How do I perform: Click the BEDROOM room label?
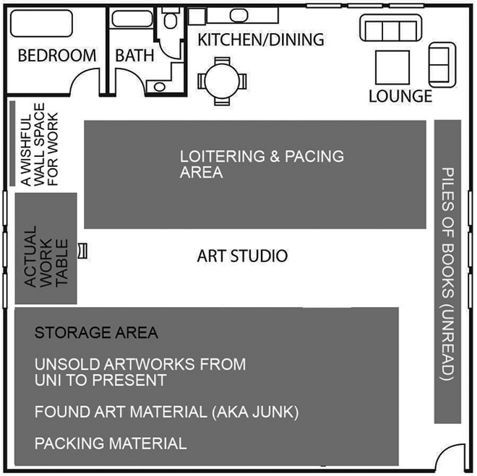(x=57, y=56)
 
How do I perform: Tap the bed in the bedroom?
(x=41, y=23)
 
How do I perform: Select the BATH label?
(x=134, y=56)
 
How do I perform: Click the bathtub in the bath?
(x=132, y=19)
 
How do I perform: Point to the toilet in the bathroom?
(x=171, y=18)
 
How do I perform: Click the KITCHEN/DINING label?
(x=261, y=40)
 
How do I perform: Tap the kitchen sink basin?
(x=239, y=15)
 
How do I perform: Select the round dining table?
(x=222, y=82)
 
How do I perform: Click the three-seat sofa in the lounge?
(x=391, y=28)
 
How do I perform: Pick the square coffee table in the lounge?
(x=392, y=67)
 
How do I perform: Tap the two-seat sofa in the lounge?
(x=442, y=65)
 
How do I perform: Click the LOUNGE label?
(x=400, y=96)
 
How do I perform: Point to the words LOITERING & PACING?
(x=262, y=156)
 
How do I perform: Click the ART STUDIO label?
(x=242, y=256)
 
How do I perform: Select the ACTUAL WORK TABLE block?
(x=46, y=248)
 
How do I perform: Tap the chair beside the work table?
(x=82, y=251)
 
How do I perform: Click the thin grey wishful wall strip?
(x=12, y=143)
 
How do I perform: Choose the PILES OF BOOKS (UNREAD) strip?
(x=447, y=272)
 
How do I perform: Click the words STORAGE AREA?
(x=96, y=332)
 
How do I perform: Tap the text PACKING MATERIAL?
(x=111, y=443)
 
